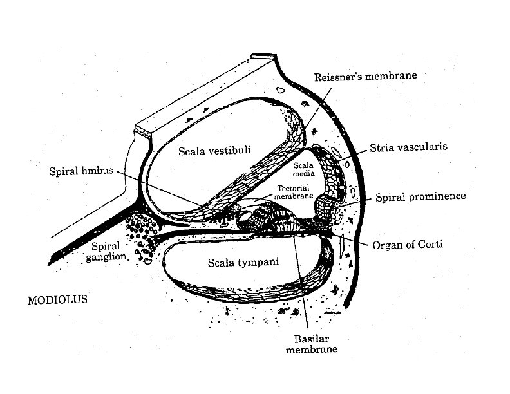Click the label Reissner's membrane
[366, 76]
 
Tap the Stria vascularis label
[408, 147]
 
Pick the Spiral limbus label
[81, 171]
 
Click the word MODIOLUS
[57, 299]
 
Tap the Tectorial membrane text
[294, 192]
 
